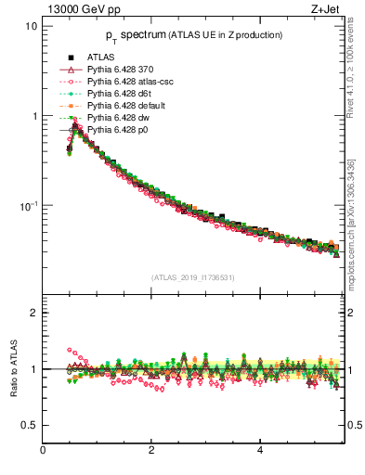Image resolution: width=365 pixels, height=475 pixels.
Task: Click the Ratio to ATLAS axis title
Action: coord(13,368)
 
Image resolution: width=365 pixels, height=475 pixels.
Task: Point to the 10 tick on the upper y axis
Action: coord(32,26)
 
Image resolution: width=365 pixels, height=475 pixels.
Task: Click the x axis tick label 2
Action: coord(151,451)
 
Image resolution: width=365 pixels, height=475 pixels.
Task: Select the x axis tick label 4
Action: coord(260,451)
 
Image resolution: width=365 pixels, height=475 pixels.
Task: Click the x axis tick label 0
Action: coord(43,451)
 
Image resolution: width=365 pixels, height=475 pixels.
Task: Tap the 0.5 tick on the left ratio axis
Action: coord(28,425)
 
